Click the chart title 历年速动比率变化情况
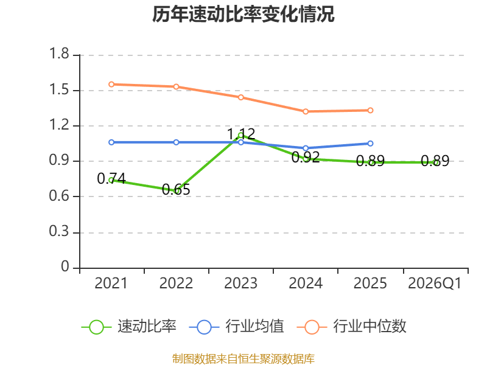point(243,14)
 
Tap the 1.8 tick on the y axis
point(59,54)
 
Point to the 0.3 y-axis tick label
point(59,231)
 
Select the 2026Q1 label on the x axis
point(435,283)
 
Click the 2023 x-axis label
point(240,283)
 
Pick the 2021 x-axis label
point(111,283)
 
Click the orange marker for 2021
point(111,85)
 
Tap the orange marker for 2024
point(306,111)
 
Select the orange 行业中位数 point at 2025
point(370,110)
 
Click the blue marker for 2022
point(176,142)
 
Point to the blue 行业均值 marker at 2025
point(370,144)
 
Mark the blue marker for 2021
point(111,142)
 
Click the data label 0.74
point(111,178)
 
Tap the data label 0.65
point(176,189)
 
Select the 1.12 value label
point(241,134)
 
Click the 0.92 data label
point(306,157)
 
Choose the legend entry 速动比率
point(128,327)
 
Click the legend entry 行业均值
point(236,327)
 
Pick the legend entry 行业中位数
point(352,327)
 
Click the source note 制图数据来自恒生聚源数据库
point(243,359)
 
